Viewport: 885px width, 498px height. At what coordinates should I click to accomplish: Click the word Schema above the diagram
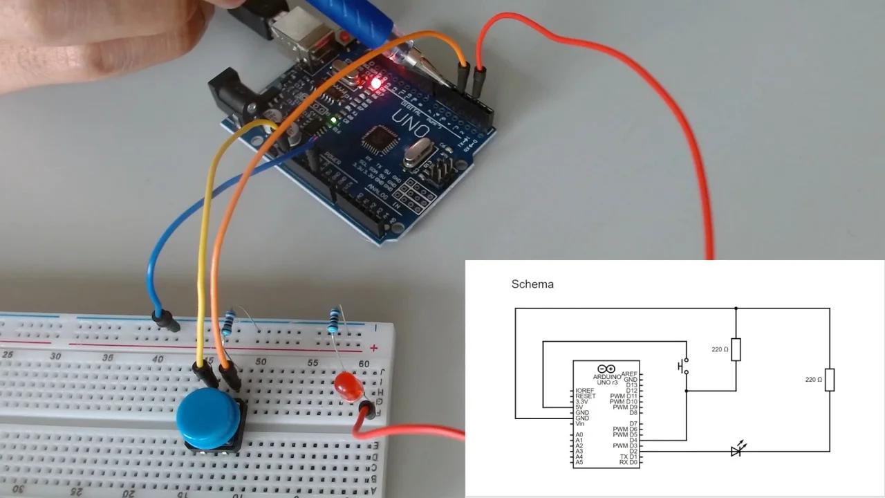(532, 284)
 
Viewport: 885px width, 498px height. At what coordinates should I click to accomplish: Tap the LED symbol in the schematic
(737, 451)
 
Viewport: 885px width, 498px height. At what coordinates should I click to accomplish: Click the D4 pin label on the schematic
(633, 441)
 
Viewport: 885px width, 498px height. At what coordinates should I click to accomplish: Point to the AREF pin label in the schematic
(629, 374)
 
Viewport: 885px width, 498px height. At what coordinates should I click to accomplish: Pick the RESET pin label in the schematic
(585, 396)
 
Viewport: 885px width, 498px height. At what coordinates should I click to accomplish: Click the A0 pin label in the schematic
(579, 435)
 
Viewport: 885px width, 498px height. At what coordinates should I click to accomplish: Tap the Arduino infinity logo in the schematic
(606, 369)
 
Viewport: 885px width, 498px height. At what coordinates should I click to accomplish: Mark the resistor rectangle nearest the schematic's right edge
(830, 380)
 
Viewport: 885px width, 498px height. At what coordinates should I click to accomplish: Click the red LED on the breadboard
(347, 387)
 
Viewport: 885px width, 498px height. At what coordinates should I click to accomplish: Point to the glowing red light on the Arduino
(376, 84)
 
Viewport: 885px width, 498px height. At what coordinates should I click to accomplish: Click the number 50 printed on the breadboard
(261, 362)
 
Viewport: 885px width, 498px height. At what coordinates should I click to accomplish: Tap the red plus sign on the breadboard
(374, 348)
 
